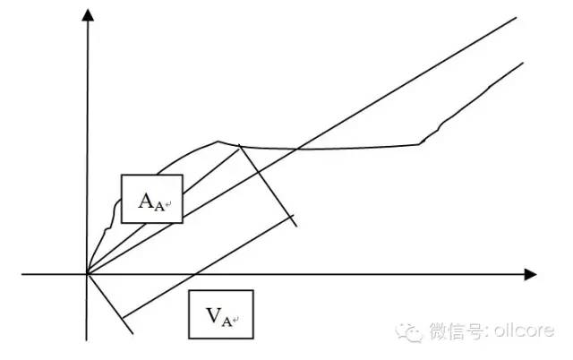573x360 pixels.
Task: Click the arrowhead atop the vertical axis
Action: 88,15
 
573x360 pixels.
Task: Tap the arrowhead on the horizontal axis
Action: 530,274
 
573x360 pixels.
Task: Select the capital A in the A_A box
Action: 146,201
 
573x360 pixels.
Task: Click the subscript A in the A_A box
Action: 159,207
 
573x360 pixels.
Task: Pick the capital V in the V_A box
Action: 214,315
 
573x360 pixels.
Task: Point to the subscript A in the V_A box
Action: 227,322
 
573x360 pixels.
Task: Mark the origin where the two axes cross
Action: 87,274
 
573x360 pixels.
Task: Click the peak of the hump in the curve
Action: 218,141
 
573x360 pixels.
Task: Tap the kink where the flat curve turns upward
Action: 419,144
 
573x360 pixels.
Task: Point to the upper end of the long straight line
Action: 516,17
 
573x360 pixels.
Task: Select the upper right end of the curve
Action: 523,63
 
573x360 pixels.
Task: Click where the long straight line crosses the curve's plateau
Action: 297,149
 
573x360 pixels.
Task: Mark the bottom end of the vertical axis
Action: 87,340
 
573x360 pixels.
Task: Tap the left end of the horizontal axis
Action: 21,274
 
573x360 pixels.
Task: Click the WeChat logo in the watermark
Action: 408,332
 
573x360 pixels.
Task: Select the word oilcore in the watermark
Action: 524,330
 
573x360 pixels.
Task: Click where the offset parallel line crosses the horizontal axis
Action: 194,274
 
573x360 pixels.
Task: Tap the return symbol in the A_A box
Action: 168,205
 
